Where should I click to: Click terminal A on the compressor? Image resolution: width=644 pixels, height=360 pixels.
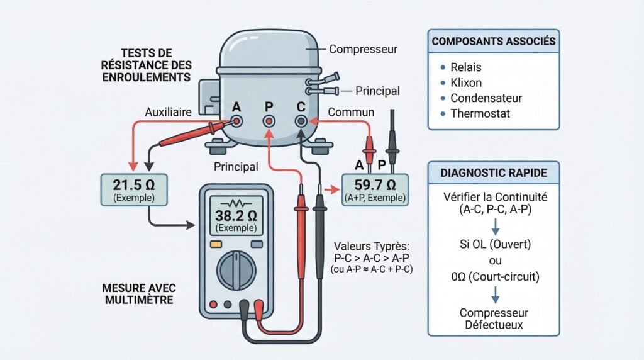(x=237, y=120)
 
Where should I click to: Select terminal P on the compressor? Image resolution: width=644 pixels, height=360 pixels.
(x=269, y=120)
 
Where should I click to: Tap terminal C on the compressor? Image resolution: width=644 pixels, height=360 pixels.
(x=301, y=120)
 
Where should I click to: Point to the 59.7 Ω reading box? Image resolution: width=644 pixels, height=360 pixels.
(x=374, y=189)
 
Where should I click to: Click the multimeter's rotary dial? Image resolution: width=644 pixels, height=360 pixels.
(x=236, y=269)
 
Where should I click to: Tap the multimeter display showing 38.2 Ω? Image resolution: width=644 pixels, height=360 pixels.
(x=236, y=218)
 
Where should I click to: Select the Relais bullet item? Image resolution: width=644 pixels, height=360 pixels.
(x=466, y=67)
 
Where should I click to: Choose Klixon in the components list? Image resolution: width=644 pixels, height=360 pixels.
(x=466, y=82)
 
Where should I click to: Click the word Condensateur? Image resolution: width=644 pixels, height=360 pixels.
(x=486, y=98)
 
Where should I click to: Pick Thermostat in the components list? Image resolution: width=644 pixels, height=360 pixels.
(x=480, y=114)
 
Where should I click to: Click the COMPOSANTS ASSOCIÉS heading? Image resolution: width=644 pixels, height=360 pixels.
(x=493, y=42)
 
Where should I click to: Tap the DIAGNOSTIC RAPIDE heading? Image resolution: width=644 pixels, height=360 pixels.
(x=493, y=172)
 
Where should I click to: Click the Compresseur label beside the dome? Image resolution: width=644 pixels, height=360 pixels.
(x=362, y=48)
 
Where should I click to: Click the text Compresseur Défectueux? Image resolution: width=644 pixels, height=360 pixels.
(x=493, y=318)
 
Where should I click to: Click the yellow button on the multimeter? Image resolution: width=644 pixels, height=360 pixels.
(x=216, y=244)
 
